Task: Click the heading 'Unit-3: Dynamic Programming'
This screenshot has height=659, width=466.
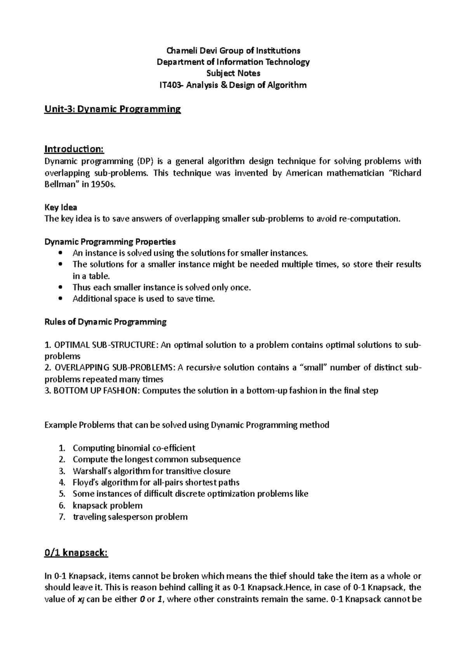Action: (x=113, y=109)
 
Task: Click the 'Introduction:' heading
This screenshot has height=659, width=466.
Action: (x=74, y=149)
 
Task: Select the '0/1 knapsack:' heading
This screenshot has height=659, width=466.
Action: (x=76, y=553)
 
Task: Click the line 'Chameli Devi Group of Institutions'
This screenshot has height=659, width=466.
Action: (x=233, y=50)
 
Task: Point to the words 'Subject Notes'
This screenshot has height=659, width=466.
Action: (x=233, y=73)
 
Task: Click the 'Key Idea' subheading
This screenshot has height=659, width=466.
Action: (x=61, y=207)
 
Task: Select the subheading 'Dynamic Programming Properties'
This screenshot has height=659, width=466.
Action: (x=110, y=242)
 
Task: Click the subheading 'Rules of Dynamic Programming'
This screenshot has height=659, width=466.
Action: (x=106, y=322)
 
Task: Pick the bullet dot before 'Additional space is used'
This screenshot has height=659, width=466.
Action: (x=59, y=299)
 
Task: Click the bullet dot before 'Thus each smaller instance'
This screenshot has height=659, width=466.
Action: (x=59, y=288)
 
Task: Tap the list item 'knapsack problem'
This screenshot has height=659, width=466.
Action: (x=108, y=505)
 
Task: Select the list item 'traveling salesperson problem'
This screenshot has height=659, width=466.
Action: (x=130, y=517)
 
